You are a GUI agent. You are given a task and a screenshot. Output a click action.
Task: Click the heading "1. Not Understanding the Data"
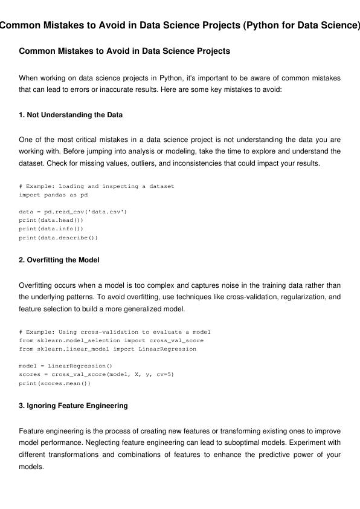(x=71, y=115)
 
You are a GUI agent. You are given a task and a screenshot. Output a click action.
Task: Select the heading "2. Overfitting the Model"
(x=59, y=260)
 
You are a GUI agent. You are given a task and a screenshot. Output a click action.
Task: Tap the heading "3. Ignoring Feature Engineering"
(x=73, y=406)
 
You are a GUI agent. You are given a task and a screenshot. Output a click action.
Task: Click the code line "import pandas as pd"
(x=53, y=195)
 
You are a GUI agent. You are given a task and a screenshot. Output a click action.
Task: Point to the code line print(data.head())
(x=51, y=221)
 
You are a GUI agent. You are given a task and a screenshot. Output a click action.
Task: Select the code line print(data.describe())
(x=58, y=238)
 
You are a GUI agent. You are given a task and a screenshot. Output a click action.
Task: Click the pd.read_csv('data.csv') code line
(x=73, y=212)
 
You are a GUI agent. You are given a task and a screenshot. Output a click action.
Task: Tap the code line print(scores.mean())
(x=55, y=383)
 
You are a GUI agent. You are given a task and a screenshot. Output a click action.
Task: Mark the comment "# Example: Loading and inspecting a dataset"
(x=97, y=186)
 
